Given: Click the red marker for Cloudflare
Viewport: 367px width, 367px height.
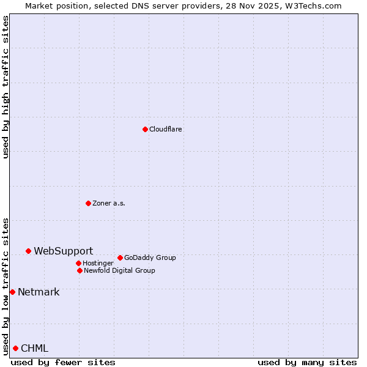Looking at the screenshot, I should point(145,129).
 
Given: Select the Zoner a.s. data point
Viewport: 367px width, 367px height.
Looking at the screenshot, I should point(88,203).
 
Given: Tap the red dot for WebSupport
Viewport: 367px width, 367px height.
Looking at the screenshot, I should point(28,251).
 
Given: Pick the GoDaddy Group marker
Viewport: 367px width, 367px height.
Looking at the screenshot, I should point(120,258).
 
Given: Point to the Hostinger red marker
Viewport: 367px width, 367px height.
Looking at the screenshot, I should point(78,263).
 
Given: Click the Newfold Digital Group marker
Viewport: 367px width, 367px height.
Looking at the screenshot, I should point(80,270).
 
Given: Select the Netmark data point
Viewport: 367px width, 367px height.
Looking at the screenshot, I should point(12,292).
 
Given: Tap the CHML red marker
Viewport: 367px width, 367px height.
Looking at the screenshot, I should point(15,348).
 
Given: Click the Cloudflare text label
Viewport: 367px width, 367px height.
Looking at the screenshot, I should point(165,129).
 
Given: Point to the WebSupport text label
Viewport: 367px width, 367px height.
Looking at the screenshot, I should point(63,251).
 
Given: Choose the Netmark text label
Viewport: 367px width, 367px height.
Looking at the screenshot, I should point(39,292).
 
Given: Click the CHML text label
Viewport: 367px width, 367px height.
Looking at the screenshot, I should point(34,348).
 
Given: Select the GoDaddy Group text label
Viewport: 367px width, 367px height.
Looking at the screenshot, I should point(150,258).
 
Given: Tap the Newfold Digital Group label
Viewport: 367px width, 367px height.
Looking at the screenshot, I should point(119,270).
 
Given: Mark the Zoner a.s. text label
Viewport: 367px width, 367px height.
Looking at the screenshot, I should point(109,203).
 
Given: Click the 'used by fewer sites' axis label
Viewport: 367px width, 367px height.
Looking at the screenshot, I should point(63,362).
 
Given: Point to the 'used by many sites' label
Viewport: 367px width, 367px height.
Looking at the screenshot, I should point(307,362).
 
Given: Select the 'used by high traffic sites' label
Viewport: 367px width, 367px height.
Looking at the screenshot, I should point(6,87).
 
